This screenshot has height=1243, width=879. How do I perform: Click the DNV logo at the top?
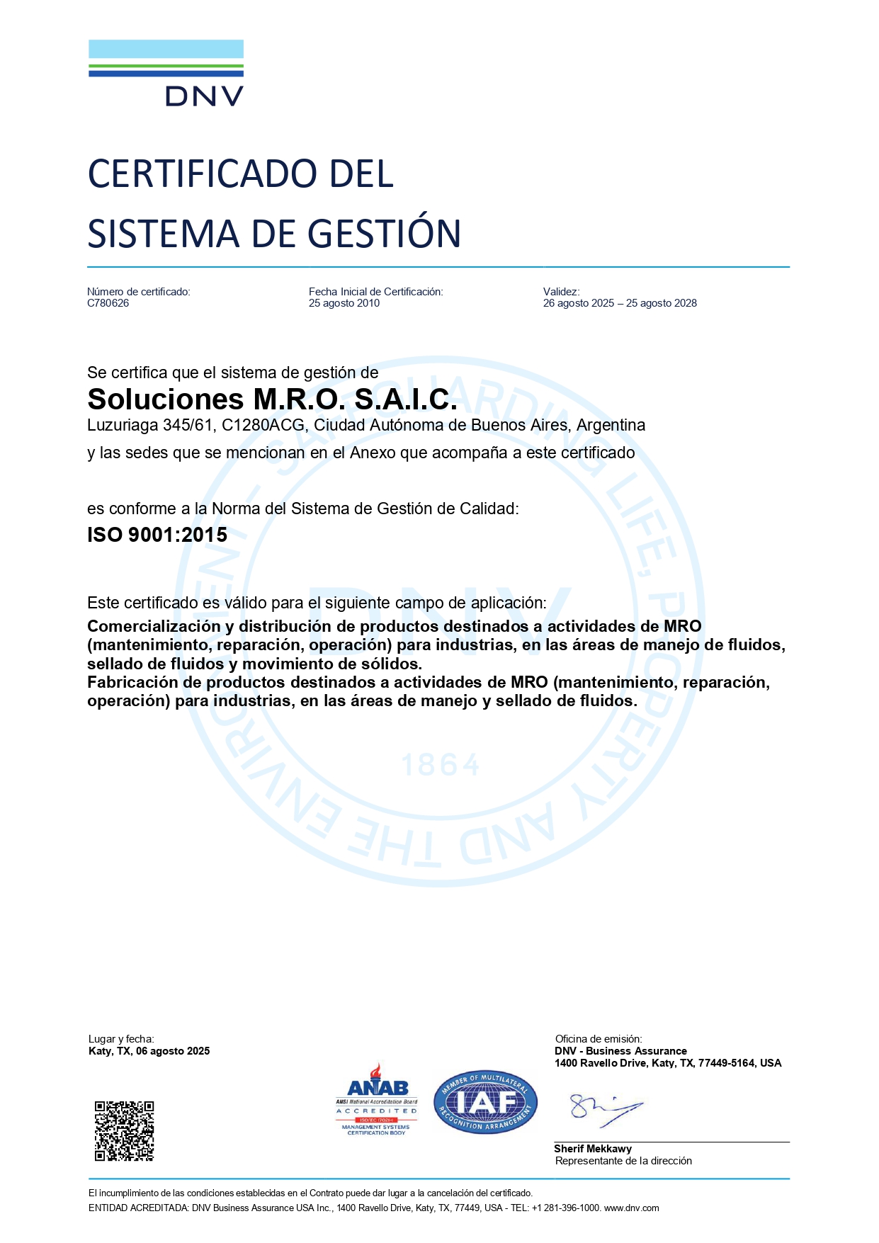click(166, 73)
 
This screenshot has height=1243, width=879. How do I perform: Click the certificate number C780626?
click(108, 303)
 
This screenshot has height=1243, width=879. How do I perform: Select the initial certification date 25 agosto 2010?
click(344, 303)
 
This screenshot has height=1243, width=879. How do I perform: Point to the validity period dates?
click(620, 303)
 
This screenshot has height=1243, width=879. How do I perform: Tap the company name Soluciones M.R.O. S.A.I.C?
click(272, 399)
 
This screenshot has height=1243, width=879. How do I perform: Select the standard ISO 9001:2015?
click(157, 535)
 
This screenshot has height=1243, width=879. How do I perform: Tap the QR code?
click(125, 1130)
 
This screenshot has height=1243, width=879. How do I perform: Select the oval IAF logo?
click(485, 1102)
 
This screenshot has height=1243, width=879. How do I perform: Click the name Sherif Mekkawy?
click(593, 1149)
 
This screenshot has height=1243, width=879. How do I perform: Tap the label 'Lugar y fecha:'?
click(121, 1039)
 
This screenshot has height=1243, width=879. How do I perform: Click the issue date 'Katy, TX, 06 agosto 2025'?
click(149, 1051)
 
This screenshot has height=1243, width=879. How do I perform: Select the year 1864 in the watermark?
click(441, 765)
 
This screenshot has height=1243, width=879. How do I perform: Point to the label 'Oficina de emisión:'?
click(599, 1039)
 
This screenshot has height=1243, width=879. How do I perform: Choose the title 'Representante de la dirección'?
click(623, 1161)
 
